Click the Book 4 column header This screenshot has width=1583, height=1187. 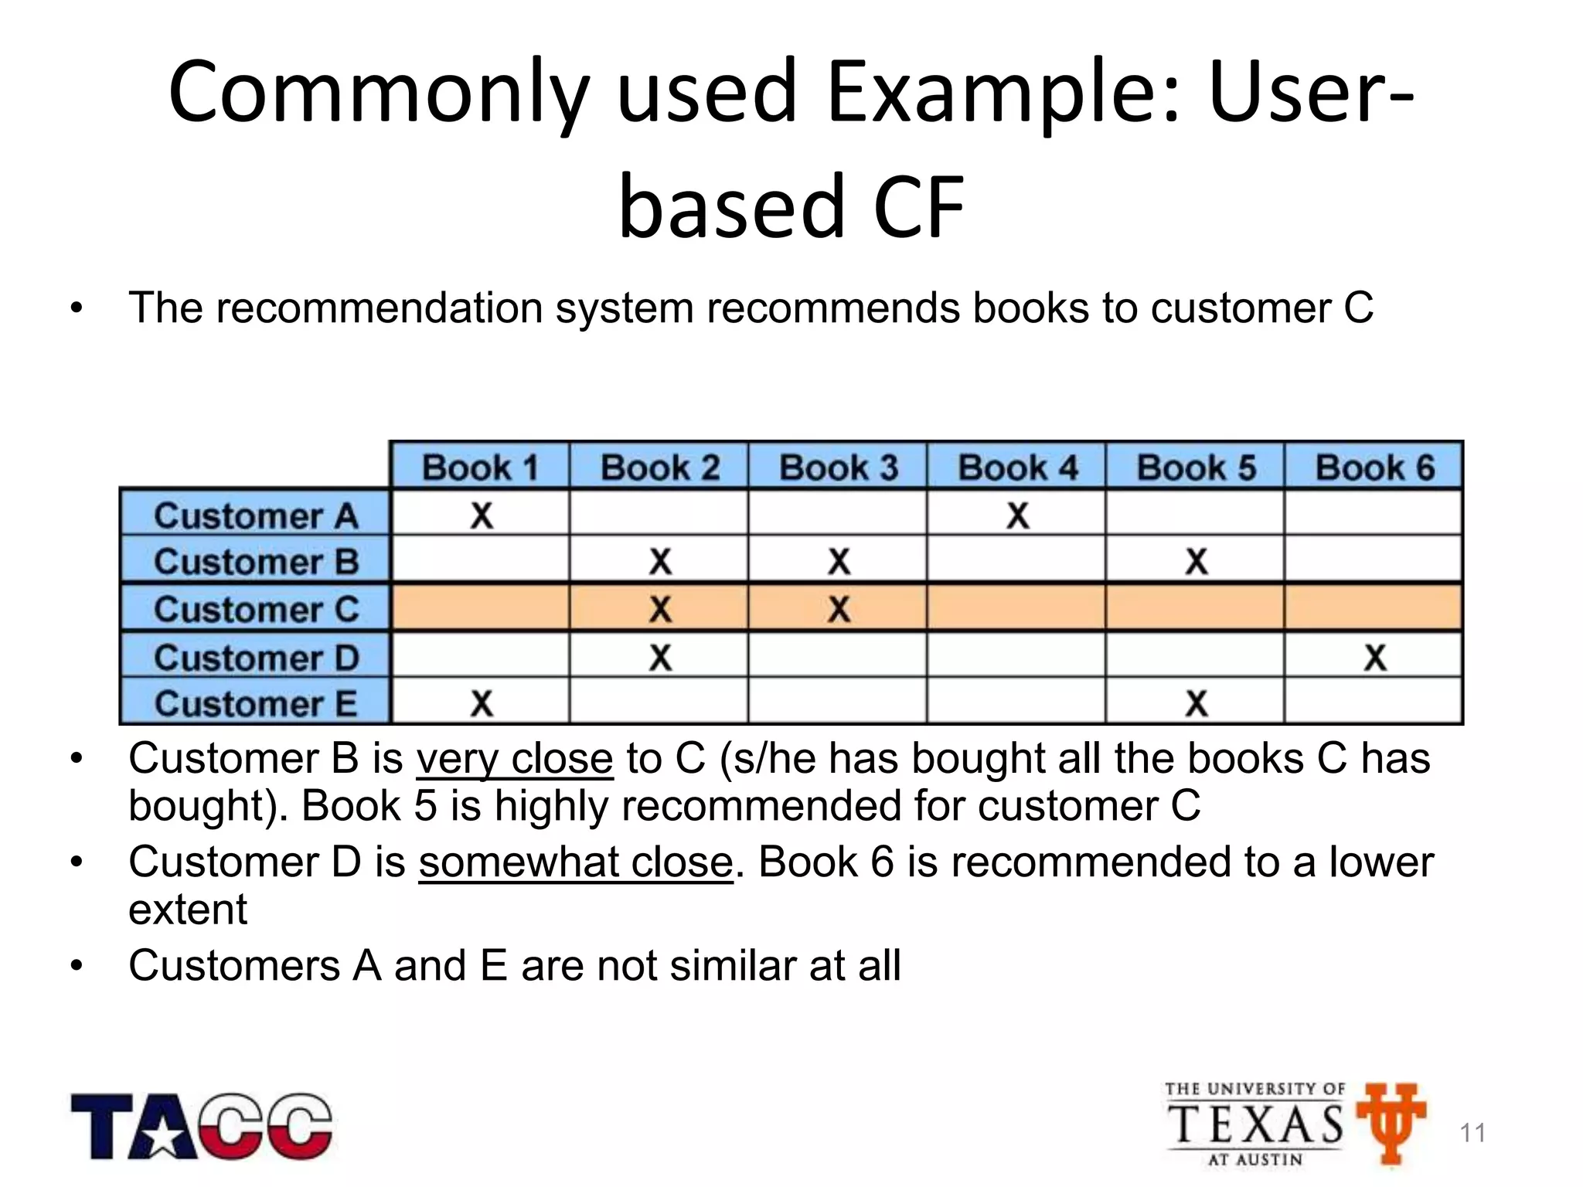click(1016, 467)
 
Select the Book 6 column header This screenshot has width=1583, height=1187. click(1374, 467)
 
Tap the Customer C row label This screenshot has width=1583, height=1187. click(256, 609)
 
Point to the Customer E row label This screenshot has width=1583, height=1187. click(256, 703)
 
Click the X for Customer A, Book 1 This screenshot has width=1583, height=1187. click(481, 515)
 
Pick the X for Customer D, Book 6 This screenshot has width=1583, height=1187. click(1375, 658)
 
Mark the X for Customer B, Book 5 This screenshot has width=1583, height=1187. click(1196, 561)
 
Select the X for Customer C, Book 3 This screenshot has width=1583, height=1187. click(839, 609)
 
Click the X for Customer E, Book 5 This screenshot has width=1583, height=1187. click(1196, 703)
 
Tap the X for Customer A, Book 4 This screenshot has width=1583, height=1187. click(1017, 515)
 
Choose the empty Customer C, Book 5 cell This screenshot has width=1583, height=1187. click(1195, 609)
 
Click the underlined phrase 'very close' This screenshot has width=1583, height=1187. click(515, 759)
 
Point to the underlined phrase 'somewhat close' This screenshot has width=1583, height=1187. click(576, 862)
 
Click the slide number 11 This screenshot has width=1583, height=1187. click(1472, 1133)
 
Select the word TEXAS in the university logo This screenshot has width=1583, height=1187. click(1255, 1124)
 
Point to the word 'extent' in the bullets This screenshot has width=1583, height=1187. click(188, 910)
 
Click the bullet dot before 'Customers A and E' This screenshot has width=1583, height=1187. click(76, 966)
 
